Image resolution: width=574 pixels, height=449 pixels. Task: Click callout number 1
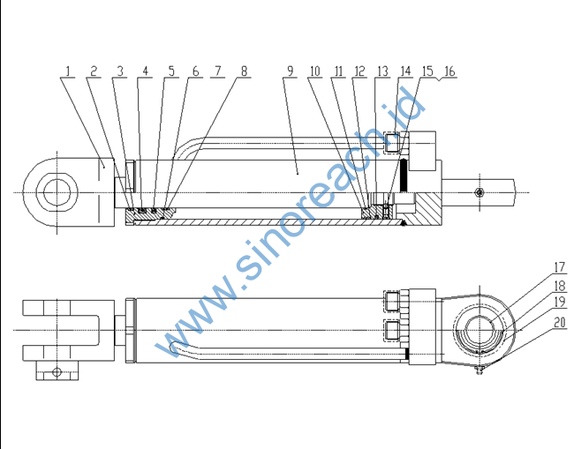pyautogui.click(x=68, y=71)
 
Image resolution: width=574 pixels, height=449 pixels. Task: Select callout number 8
pyautogui.click(x=244, y=71)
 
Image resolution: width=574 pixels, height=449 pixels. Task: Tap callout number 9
pyautogui.click(x=291, y=71)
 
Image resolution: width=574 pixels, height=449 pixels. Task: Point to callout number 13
pyautogui.click(x=382, y=71)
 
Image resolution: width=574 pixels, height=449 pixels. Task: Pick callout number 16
pyautogui.click(x=449, y=71)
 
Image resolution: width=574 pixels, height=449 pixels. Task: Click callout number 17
pyautogui.click(x=560, y=267)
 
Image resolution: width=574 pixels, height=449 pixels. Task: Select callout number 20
pyautogui.click(x=560, y=323)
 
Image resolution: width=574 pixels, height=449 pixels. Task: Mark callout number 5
pyautogui.click(x=171, y=71)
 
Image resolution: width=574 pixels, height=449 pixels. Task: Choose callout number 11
pyautogui.click(x=338, y=71)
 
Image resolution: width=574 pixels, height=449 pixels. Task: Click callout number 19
pyautogui.click(x=560, y=303)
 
